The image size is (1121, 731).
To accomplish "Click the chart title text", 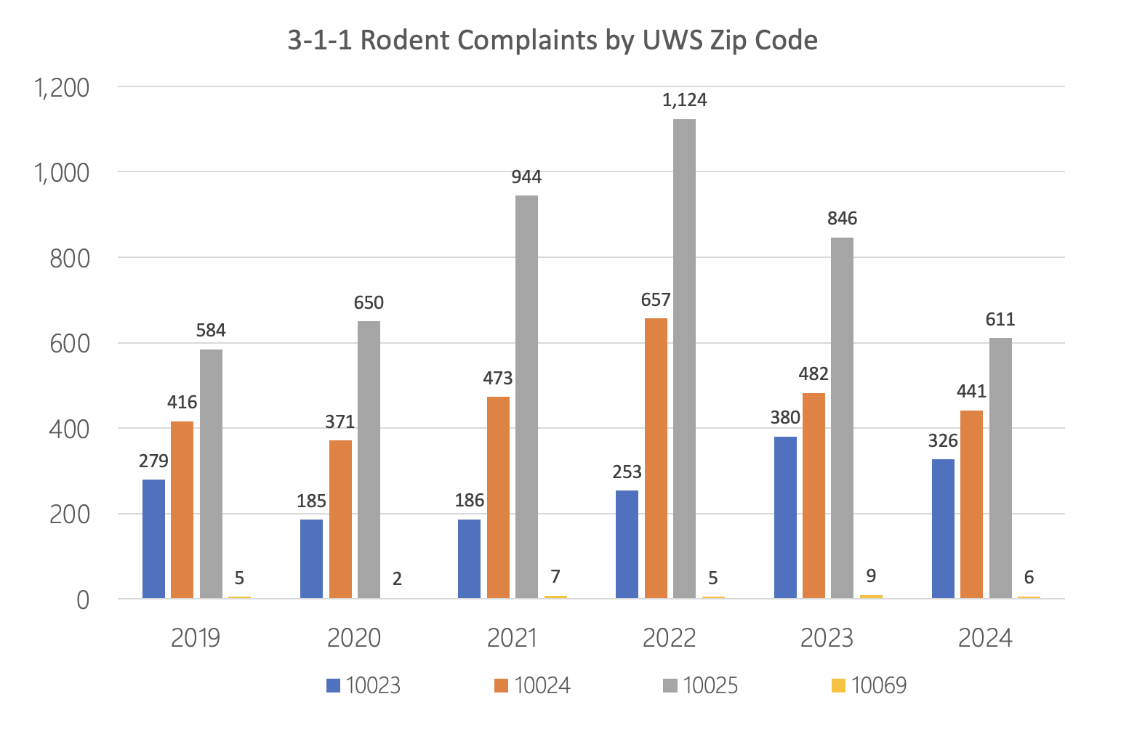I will tap(553, 40).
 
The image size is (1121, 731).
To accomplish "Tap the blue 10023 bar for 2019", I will tap(153, 538).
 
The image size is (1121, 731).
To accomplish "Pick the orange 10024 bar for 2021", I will tap(498, 497).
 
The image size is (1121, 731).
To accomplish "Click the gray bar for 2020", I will tap(369, 459).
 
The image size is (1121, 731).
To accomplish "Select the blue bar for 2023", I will tap(785, 517).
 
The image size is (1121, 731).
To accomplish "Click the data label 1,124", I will tap(684, 100).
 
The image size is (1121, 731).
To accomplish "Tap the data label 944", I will tap(526, 177).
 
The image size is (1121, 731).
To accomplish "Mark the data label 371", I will tap(339, 421).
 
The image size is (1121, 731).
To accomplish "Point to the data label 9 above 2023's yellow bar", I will tap(871, 576).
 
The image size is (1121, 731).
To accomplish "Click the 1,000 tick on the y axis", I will tap(61, 173).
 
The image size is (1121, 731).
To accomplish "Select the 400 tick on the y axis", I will tap(70, 429).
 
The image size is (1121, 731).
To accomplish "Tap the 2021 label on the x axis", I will tap(512, 638).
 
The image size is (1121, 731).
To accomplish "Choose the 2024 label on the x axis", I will tap(985, 638).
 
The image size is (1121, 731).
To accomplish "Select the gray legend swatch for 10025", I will tap(670, 685).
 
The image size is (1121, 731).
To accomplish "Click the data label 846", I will tap(842, 219).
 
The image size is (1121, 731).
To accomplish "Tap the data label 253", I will tap(627, 472).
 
